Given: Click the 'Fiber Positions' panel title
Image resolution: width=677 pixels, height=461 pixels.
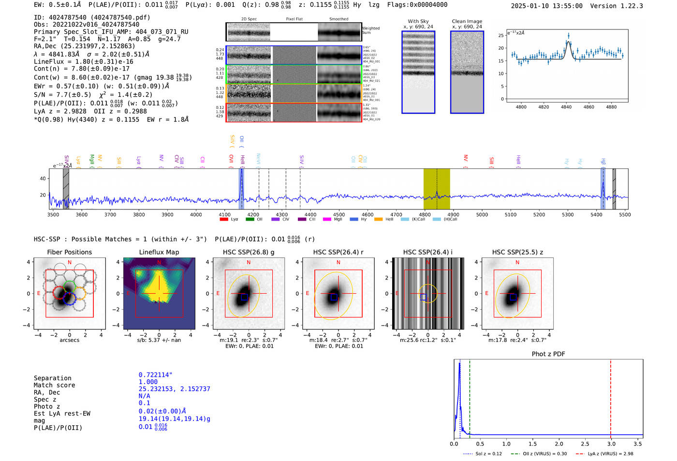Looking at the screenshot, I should coord(69,252).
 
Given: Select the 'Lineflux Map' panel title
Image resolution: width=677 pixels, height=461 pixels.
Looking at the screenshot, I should coord(159,252).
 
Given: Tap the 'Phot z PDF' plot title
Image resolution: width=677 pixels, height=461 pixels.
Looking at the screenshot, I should coord(548,354).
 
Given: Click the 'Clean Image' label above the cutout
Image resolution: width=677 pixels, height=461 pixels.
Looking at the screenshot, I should coord(467,21).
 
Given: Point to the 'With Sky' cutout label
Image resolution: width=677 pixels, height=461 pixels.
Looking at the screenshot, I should coord(418,21).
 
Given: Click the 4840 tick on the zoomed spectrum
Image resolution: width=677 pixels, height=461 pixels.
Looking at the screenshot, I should coord(566,107).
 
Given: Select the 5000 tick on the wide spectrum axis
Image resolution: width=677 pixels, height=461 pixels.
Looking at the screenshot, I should coord(482,215).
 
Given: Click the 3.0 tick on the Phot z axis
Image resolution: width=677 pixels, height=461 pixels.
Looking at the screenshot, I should coord(611,444).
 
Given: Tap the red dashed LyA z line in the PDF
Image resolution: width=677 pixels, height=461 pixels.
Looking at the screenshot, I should coord(611,397).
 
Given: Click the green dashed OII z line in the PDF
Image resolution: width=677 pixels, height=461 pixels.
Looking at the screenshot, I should coord(470,397).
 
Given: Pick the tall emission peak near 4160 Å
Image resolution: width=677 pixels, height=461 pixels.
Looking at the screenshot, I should coord(241,186).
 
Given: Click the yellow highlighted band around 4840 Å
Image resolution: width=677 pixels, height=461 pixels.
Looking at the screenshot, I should coord(437,189).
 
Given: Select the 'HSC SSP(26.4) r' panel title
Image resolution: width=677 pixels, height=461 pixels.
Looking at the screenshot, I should coord(338,252).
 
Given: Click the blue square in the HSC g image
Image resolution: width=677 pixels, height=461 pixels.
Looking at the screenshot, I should coord(244,297).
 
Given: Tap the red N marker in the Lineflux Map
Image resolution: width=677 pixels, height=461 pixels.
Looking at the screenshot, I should coord(159,263).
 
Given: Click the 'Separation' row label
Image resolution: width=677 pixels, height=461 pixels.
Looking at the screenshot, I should coord(53,378).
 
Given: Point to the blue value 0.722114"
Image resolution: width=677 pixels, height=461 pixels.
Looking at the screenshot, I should coord(155,375).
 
